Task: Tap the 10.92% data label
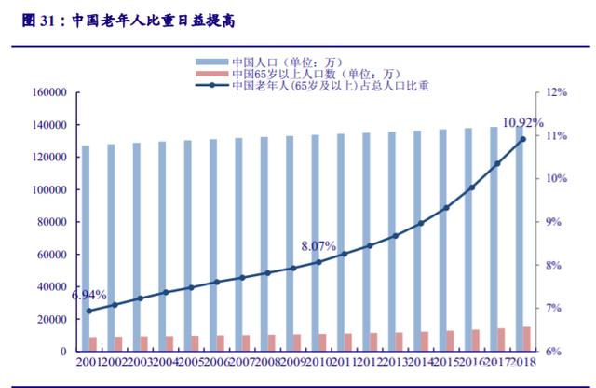pos(522,122)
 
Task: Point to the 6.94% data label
pos(88,295)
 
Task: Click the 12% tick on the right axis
pos(557,93)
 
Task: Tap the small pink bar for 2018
pos(528,339)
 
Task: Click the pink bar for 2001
pos(92,344)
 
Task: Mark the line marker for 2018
pos(522,139)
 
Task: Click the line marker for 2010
pos(318,262)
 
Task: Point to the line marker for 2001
pos(89,311)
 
